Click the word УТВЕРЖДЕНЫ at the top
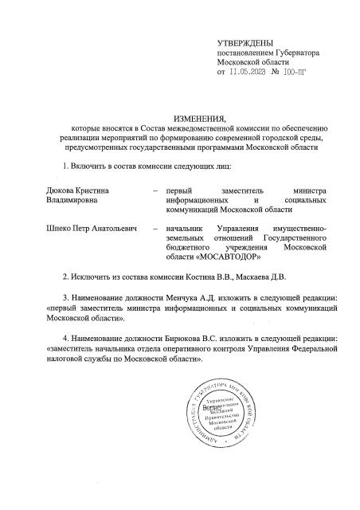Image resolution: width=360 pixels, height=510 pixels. (x=245, y=41)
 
